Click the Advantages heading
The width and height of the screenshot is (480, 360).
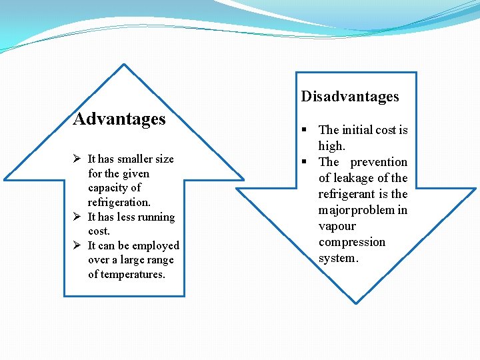(x=119, y=119)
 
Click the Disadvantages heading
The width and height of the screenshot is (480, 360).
(x=350, y=97)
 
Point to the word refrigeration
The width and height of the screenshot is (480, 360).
(x=119, y=202)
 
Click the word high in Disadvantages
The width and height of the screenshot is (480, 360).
(x=331, y=146)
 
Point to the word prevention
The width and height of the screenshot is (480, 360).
(x=378, y=162)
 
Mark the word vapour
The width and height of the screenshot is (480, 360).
(x=337, y=226)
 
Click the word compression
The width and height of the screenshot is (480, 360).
(x=352, y=242)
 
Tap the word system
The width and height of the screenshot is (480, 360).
(x=337, y=258)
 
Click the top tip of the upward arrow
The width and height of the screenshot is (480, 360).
(x=124, y=65)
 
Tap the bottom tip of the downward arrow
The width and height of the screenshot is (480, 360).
(x=355, y=303)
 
